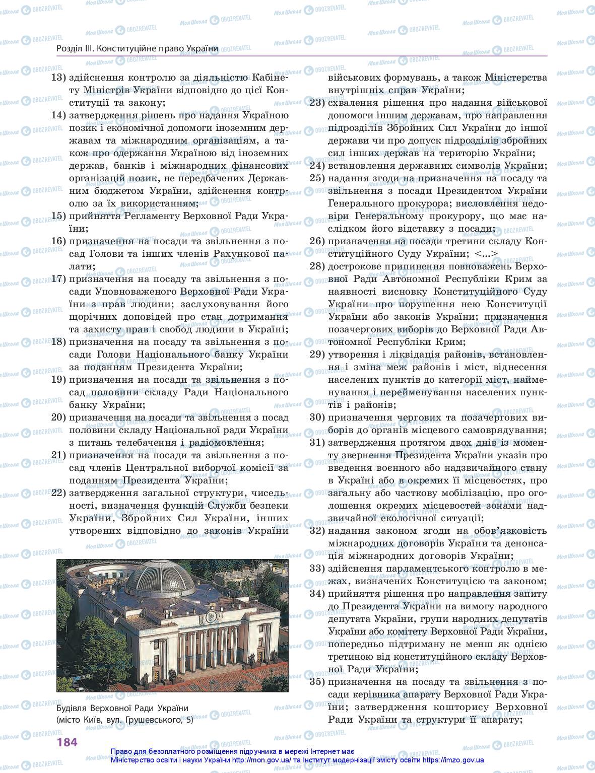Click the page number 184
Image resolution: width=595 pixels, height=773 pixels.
click(x=67, y=742)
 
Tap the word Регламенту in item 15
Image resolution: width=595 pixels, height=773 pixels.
click(x=162, y=216)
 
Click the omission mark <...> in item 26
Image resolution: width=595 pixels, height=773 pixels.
click(x=486, y=254)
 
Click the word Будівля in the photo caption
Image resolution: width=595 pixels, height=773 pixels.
click(x=72, y=708)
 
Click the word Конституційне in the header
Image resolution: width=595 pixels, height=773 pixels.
click(x=123, y=48)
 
